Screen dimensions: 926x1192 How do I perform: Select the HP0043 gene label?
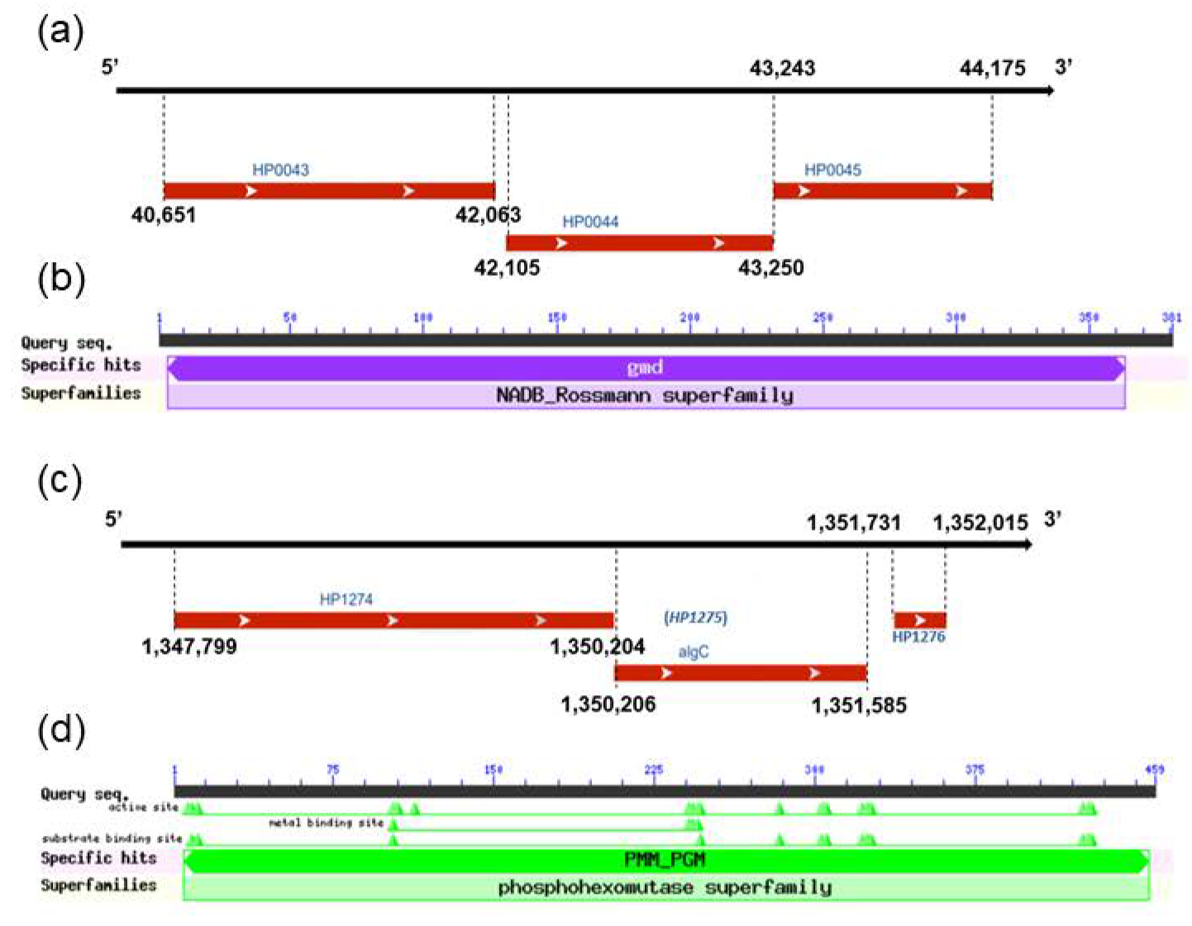pos(280,170)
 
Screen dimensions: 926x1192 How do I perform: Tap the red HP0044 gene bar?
pos(639,243)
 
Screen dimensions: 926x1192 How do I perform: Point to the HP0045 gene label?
pos(832,170)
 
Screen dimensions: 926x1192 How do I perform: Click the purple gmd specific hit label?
pos(645,368)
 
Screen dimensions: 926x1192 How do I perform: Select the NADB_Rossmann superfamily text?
pos(645,395)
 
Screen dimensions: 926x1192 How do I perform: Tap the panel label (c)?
pos(60,480)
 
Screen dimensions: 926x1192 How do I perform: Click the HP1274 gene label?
pos(346,599)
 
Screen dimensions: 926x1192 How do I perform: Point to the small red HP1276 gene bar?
pos(919,620)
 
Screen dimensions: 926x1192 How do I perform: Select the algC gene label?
pos(694,652)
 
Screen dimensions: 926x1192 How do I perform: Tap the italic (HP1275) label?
pos(695,618)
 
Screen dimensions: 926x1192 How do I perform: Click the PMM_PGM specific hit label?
pos(665,860)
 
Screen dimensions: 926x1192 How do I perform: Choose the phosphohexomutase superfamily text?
pos(665,888)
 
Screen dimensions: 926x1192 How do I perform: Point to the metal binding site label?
pos(327,823)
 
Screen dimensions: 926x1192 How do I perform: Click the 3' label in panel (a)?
pos(1063,67)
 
